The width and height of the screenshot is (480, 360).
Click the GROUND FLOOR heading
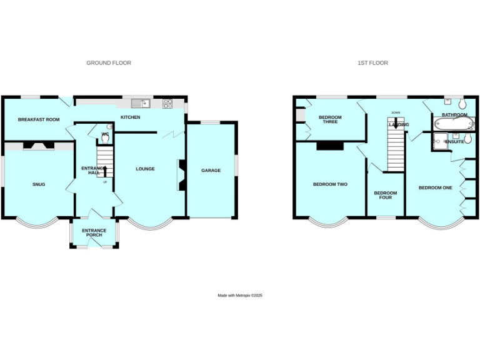coord(109,63)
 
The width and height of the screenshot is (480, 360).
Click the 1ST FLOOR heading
coord(372,63)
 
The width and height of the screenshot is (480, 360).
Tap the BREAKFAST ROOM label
coord(39,119)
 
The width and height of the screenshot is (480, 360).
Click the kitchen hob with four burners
coord(168,104)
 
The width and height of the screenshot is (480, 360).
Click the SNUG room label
coord(39,184)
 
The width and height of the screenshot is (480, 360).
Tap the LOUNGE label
coord(146,169)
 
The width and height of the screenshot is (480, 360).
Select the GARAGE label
coord(211,170)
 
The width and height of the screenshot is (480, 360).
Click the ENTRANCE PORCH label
coord(94,233)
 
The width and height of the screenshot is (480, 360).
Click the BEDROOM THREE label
coord(330,119)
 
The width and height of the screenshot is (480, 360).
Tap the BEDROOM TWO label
coord(330,184)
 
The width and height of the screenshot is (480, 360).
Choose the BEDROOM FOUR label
coord(386,196)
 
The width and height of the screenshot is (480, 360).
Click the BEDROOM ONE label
coord(435,188)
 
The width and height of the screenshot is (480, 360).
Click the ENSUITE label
coord(454,142)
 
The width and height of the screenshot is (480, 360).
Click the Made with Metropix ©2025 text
coord(240,296)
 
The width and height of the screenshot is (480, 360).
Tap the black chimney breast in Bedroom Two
coord(330,146)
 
